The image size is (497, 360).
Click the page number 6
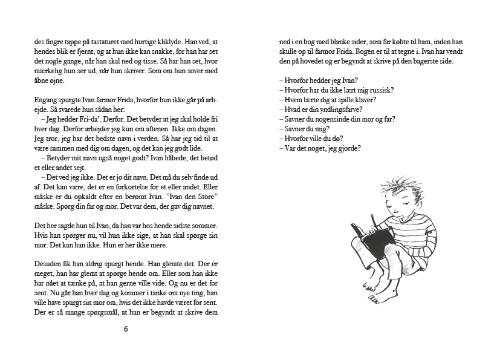126,329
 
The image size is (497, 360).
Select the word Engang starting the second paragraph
46,100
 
